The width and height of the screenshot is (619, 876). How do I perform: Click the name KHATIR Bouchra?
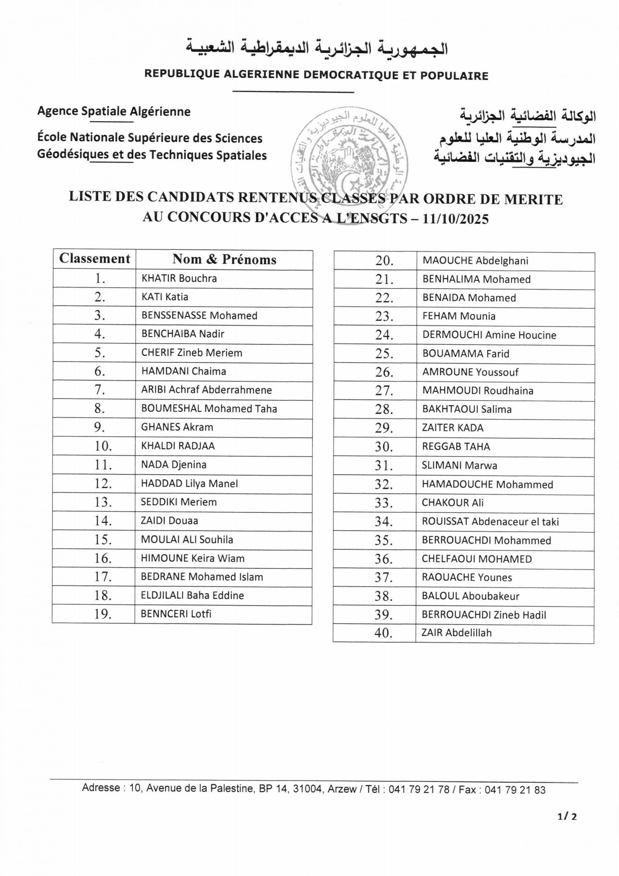click(x=179, y=278)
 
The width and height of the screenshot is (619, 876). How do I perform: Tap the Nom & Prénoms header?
click(x=224, y=259)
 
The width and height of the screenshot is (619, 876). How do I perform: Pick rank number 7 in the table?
click(x=100, y=389)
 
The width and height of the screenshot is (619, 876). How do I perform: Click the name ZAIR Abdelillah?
click(x=456, y=633)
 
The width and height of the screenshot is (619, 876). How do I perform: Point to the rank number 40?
click(x=383, y=633)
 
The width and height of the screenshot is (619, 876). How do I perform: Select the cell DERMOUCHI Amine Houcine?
click(x=489, y=335)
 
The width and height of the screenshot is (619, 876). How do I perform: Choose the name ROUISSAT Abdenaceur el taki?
click(x=490, y=521)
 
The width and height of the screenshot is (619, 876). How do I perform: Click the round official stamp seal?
click(x=349, y=160)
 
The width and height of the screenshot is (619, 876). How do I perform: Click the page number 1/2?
click(x=567, y=835)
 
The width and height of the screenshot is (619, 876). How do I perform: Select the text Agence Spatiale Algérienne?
click(x=114, y=112)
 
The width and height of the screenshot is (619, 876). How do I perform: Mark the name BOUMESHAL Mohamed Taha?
click(x=209, y=408)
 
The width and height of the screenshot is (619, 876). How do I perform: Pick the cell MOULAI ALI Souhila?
click(x=187, y=540)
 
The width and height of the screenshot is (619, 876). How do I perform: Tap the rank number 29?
click(x=384, y=428)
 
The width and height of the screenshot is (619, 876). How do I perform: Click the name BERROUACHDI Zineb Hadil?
click(x=484, y=615)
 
